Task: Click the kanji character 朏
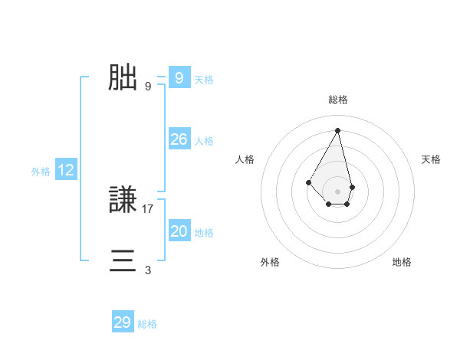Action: point(123,77)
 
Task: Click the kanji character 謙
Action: point(123,200)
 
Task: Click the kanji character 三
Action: point(123,260)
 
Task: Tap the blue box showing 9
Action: point(179,78)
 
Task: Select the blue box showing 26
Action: point(179,139)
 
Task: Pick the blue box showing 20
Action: point(179,231)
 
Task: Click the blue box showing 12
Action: point(66,170)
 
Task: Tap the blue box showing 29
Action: point(123,322)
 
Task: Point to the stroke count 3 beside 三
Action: point(148,270)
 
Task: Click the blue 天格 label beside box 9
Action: point(204,80)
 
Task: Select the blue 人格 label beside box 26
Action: point(204,141)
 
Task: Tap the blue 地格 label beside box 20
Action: point(204,233)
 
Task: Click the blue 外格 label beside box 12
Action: point(41,172)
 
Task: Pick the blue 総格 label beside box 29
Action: point(147,324)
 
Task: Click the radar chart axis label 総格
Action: point(338,100)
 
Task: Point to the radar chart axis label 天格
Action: point(431,159)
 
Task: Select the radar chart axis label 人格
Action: point(245,159)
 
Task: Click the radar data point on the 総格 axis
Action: point(338,129)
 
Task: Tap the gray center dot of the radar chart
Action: point(338,191)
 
